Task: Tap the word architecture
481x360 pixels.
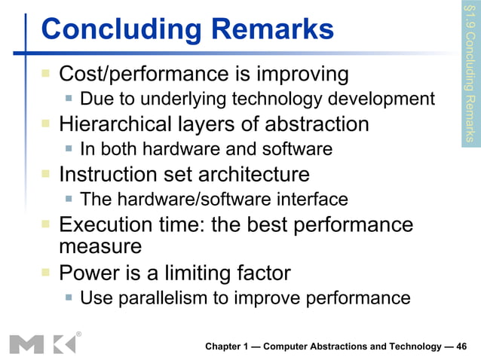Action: tap(254, 175)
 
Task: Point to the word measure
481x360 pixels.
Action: tap(100, 246)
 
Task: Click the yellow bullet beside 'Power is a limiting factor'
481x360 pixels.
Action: tap(46, 271)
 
